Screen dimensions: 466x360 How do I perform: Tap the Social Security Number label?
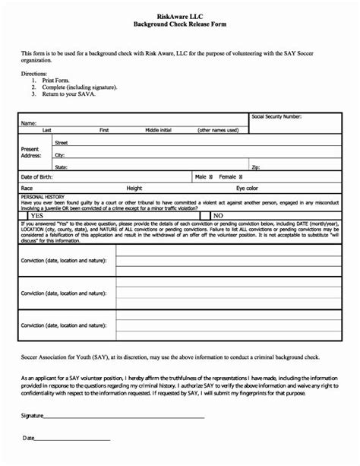276,117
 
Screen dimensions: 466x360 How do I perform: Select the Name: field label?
28,123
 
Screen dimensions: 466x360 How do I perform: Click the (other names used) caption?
217,131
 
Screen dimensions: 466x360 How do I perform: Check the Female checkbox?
244,176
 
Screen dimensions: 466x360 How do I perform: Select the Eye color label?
247,186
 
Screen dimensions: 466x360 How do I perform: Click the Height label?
134,186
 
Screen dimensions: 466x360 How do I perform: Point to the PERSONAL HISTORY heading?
43,196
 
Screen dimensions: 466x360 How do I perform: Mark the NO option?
218,215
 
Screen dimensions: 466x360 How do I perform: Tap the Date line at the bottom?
72,439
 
